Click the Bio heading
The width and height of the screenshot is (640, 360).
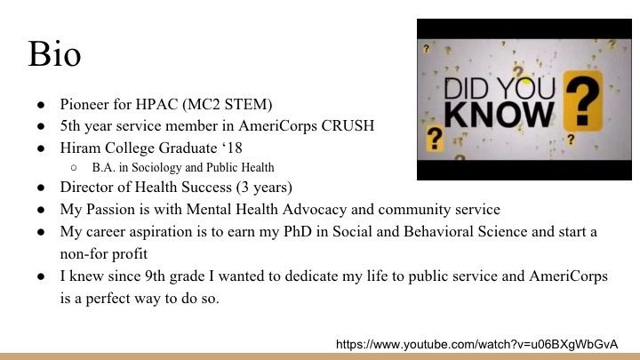click(x=54, y=54)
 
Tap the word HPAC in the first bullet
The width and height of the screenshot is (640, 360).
click(x=156, y=105)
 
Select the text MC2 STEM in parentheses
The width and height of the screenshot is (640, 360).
click(x=228, y=105)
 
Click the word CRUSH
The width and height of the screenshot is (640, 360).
click(x=348, y=125)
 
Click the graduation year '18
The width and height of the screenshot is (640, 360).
click(x=232, y=148)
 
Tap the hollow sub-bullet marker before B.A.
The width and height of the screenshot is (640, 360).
click(x=74, y=168)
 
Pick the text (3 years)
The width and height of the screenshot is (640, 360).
click(x=264, y=188)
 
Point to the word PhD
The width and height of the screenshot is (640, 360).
click(x=298, y=231)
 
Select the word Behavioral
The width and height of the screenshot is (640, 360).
click(x=439, y=231)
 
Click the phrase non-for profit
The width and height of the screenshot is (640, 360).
click(x=104, y=254)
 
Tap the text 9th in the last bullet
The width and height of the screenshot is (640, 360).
click(x=155, y=276)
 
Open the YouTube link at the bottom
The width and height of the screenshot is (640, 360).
click(x=476, y=345)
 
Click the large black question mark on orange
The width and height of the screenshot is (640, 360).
click(x=583, y=101)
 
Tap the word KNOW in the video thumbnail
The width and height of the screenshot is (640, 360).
click(x=500, y=115)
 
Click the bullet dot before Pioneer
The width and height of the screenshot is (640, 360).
click(x=41, y=105)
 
